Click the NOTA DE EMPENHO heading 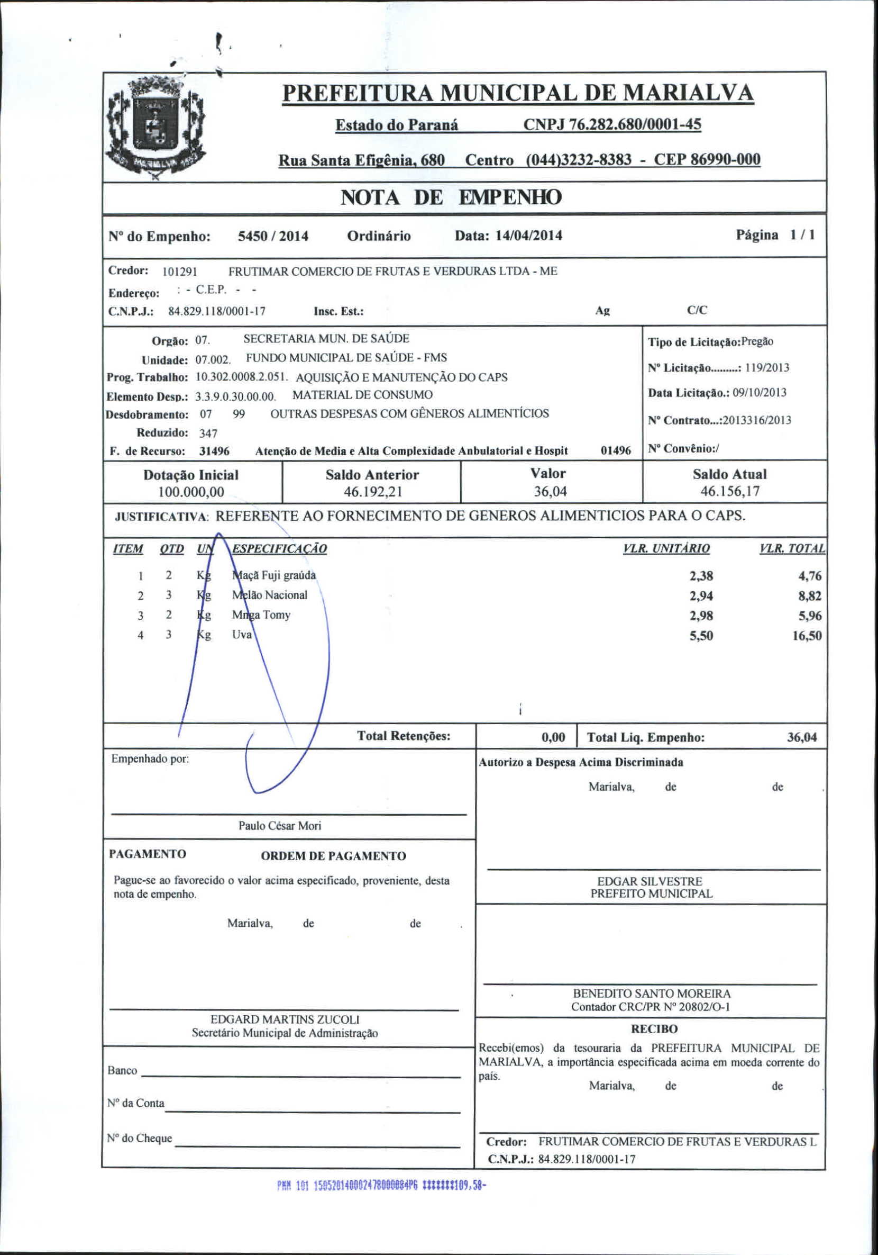click(x=451, y=197)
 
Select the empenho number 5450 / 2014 click(x=273, y=236)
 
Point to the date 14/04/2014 click(x=528, y=236)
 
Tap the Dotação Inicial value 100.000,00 click(x=191, y=491)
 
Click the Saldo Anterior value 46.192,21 click(x=372, y=491)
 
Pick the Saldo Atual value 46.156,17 click(x=730, y=491)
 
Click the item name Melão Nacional click(x=270, y=595)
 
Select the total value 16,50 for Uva click(x=807, y=636)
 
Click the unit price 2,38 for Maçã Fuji click(x=701, y=576)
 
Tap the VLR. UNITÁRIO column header click(x=666, y=548)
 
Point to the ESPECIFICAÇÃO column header click(x=279, y=549)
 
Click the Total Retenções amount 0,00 click(x=553, y=737)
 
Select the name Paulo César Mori click(x=280, y=825)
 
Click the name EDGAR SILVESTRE click(x=650, y=881)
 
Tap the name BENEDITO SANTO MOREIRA click(x=651, y=993)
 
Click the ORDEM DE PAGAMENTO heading click(x=333, y=856)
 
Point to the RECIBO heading click(x=654, y=1028)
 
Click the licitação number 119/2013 click(x=767, y=367)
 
